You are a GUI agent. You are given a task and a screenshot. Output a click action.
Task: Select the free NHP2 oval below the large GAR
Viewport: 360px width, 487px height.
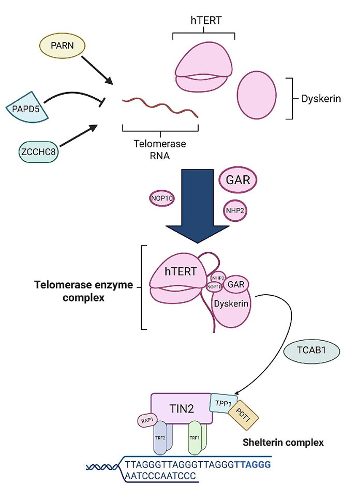[x=235, y=210]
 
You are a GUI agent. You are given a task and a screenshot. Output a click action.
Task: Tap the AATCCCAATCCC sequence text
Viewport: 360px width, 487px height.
[x=160, y=475]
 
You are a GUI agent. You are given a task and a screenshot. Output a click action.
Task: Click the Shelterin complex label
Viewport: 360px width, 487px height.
[x=283, y=443]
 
